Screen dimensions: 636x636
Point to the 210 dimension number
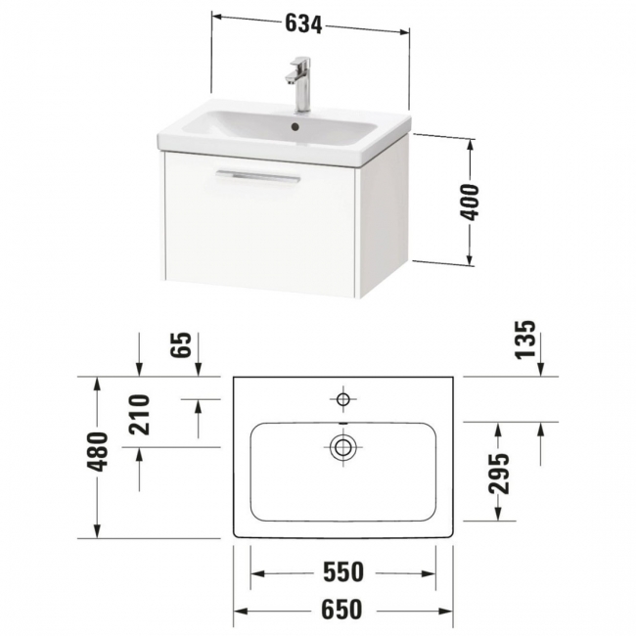[x=137, y=414]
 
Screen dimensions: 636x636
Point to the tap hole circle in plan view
[x=343, y=399]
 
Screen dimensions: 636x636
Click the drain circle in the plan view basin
[x=343, y=448]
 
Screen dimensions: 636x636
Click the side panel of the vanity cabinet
[x=385, y=215]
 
